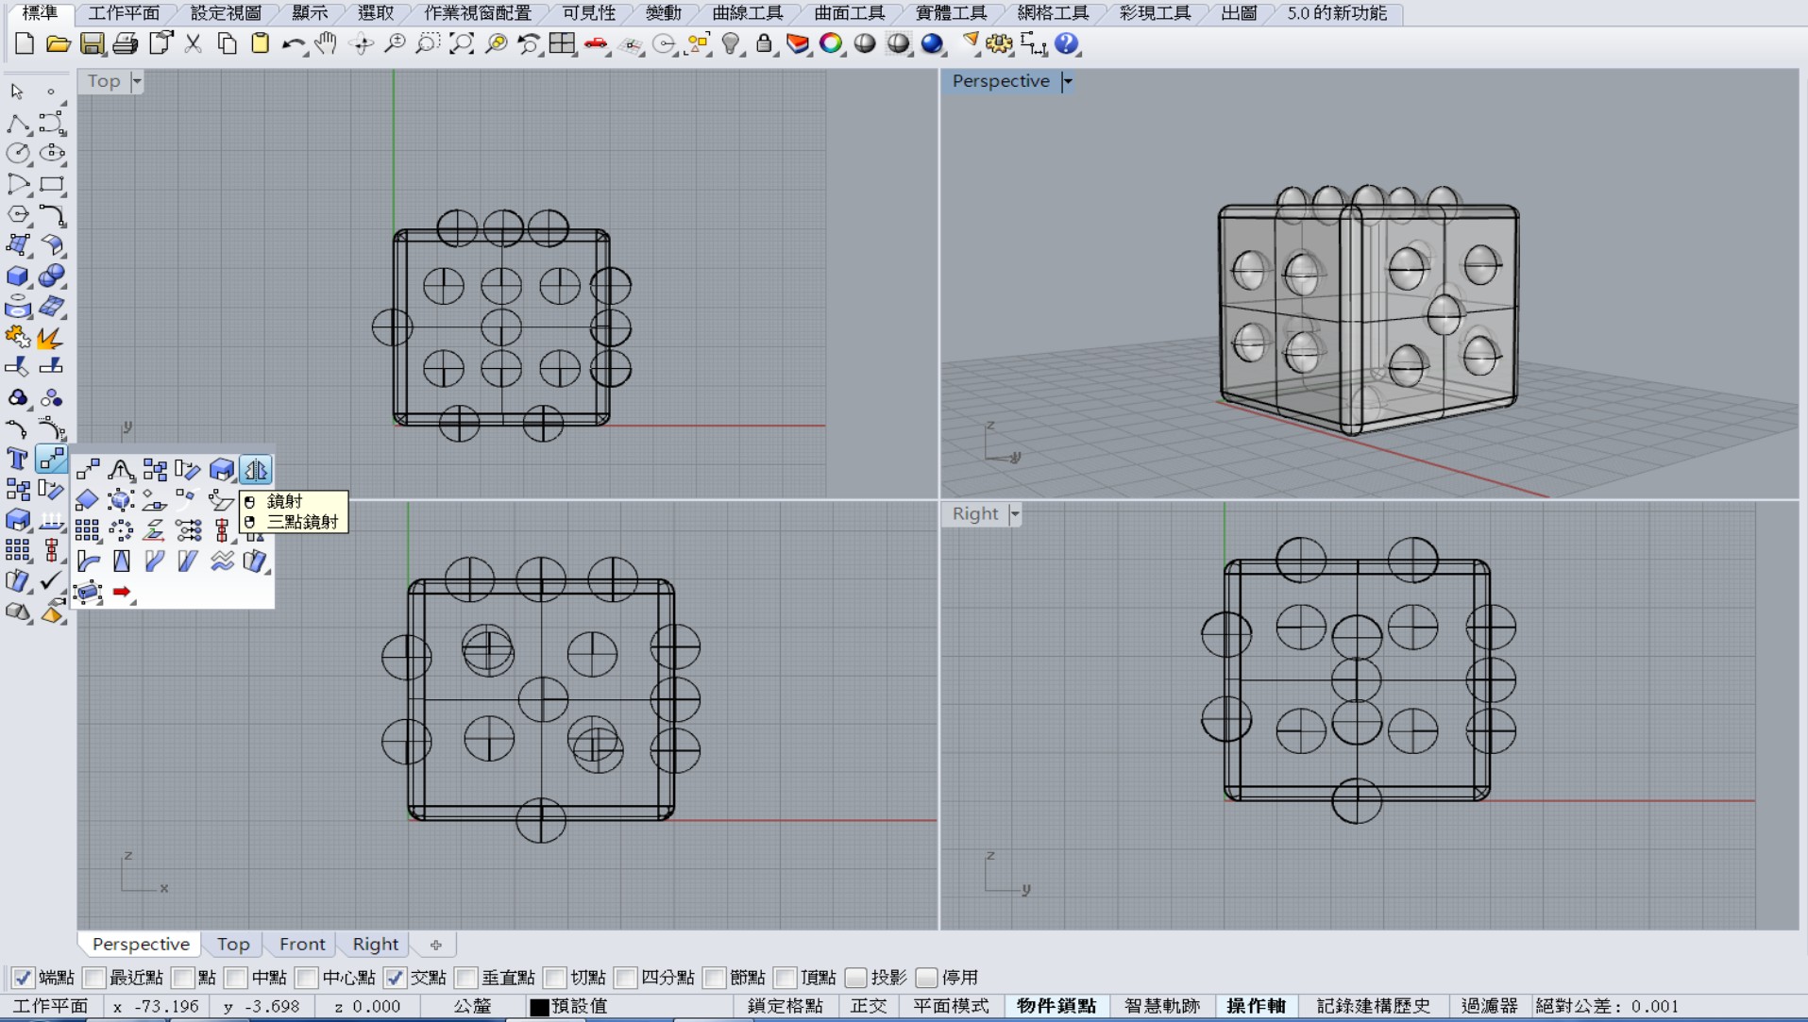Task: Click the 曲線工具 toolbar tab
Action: coord(747,13)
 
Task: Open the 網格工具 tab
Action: coord(1053,13)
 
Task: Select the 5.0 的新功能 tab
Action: coord(1337,13)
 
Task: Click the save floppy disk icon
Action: coord(92,43)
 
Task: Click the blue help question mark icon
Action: coord(1067,43)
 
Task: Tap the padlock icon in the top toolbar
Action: coord(764,43)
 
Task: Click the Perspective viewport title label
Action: coord(1001,81)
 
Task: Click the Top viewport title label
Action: coord(104,81)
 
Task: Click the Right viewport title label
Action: coord(975,513)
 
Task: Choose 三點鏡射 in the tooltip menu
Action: coord(302,522)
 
